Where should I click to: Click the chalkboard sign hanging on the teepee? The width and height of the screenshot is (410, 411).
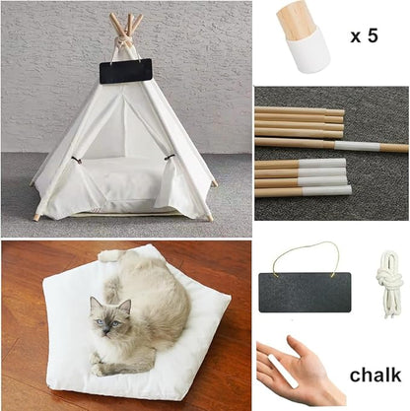click(125, 70)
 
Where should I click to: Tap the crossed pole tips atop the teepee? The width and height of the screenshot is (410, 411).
click(124, 21)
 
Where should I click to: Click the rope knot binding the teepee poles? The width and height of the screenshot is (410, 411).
click(123, 41)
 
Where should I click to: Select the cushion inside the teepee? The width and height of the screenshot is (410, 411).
click(123, 181)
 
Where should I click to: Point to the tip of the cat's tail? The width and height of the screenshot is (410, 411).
click(107, 256)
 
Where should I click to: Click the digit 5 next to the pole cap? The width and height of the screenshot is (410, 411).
click(371, 36)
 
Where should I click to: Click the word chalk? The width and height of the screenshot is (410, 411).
click(375, 375)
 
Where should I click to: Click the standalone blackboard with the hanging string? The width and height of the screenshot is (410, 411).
click(305, 292)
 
